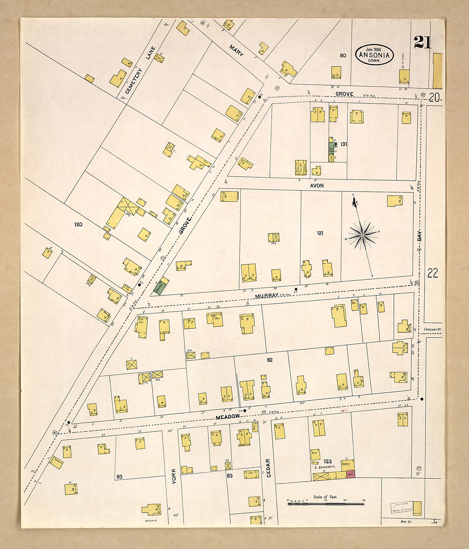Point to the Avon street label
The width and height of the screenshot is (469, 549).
click(x=317, y=185)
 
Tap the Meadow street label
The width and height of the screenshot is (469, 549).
click(x=228, y=417)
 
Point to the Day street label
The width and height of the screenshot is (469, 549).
click(x=419, y=236)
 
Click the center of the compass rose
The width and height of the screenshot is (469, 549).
click(x=362, y=235)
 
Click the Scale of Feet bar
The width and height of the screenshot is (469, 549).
click(x=325, y=504)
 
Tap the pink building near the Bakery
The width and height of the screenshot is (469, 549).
click(x=350, y=474)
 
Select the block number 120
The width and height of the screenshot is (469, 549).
click(x=78, y=224)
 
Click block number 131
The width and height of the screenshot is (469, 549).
click(x=344, y=144)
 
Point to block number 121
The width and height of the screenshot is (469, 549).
click(x=320, y=233)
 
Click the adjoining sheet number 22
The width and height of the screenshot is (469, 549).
click(x=432, y=273)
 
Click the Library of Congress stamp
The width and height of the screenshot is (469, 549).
click(x=402, y=508)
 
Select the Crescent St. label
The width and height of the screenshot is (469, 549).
click(x=432, y=329)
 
